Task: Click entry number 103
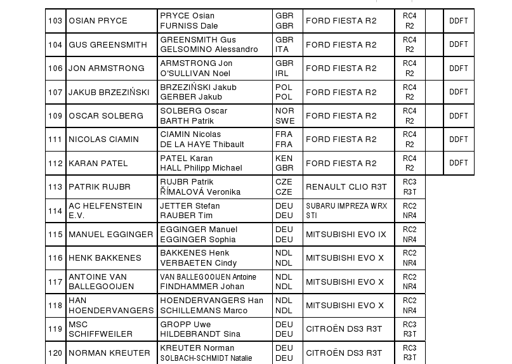point(55,21)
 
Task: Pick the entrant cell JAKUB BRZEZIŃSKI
point(109,93)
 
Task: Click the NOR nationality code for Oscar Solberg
point(284,111)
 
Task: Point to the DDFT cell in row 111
point(458,140)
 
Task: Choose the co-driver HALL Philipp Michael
point(200,168)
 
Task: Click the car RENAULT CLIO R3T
point(346,187)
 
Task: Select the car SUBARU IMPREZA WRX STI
point(346,211)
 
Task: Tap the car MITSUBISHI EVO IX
point(346,235)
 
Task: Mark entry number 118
point(55,306)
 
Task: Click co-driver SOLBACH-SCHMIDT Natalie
point(206,358)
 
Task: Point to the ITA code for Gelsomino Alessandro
point(284,49)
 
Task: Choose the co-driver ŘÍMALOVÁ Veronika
point(200,192)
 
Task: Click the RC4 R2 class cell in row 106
point(409,68)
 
